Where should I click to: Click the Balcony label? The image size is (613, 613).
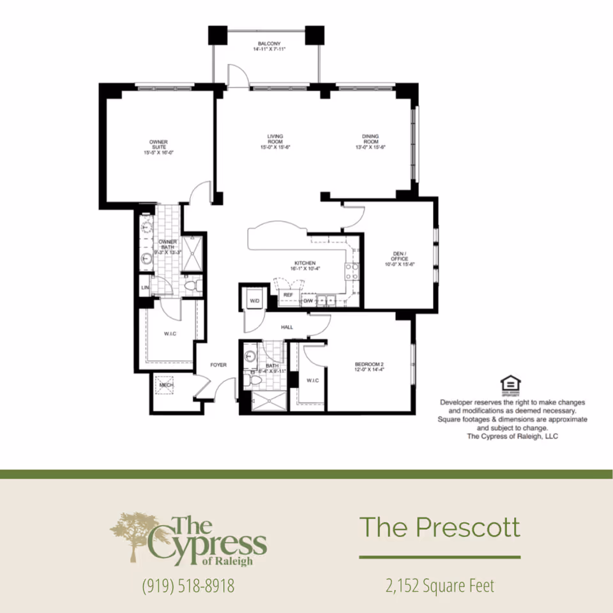tap(265, 44)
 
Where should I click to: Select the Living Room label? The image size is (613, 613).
tap(275, 139)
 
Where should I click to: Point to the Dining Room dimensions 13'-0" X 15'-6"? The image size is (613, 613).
tap(370, 148)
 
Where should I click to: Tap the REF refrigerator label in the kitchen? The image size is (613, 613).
tap(287, 295)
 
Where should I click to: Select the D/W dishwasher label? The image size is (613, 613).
tap(308, 300)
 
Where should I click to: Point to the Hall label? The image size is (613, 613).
tap(287, 328)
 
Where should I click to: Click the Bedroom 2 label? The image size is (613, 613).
tap(368, 366)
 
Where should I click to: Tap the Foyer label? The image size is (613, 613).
tap(219, 365)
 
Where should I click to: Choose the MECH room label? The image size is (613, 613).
tap(166, 386)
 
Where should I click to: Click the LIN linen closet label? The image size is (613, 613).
tap(145, 287)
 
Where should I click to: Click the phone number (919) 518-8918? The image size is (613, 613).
tap(188, 586)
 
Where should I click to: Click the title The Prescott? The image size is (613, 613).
tap(439, 527)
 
